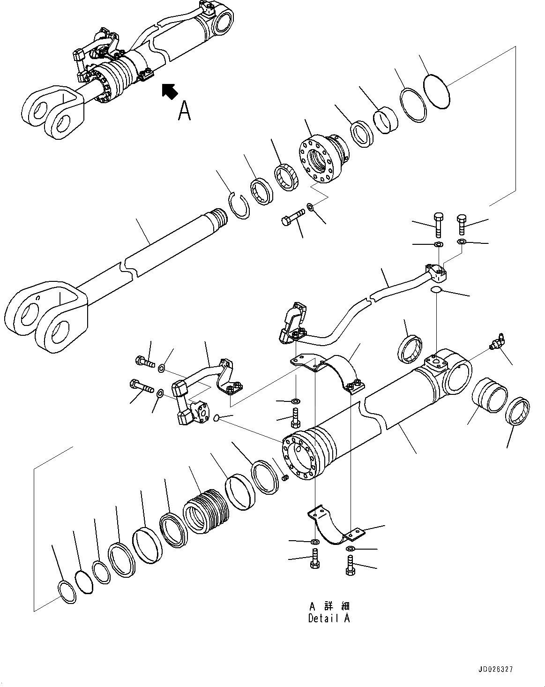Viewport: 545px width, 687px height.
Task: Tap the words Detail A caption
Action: point(328,619)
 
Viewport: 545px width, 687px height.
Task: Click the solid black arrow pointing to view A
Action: point(169,91)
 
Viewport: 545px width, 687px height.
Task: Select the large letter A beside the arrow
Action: point(185,111)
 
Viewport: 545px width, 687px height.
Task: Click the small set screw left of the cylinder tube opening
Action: point(284,478)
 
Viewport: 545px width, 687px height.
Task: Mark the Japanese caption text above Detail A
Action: point(328,606)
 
